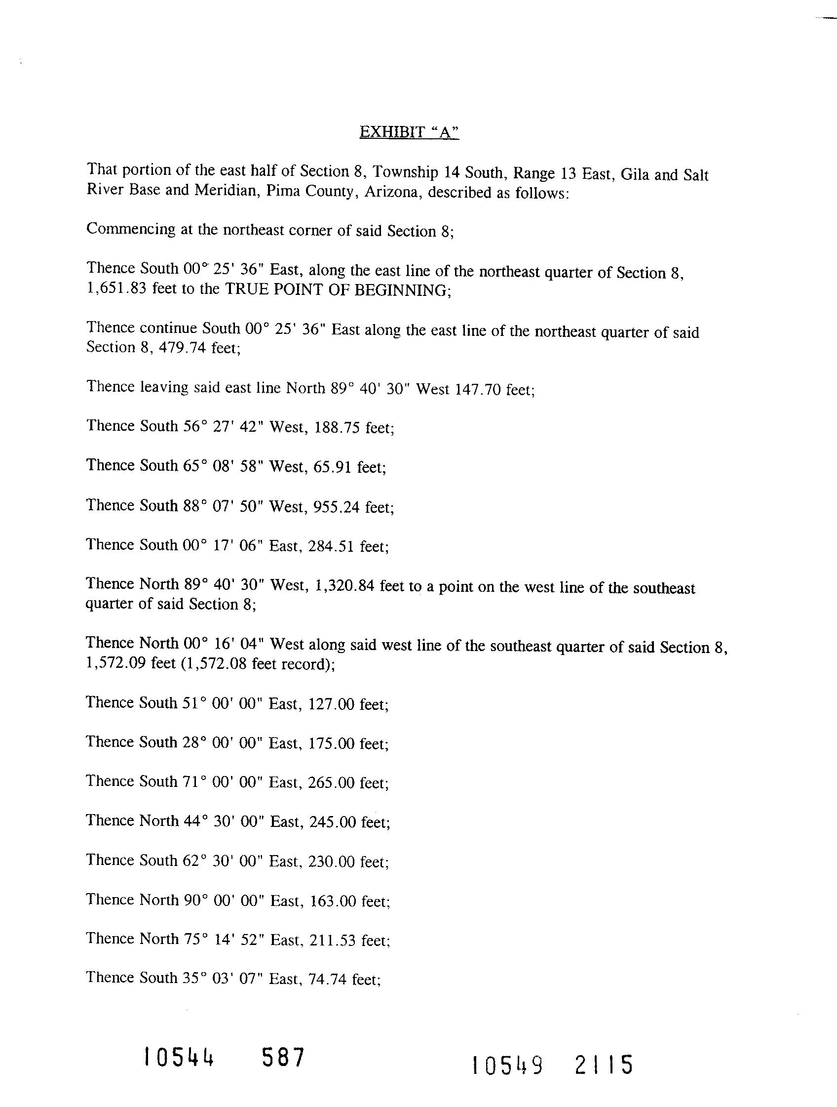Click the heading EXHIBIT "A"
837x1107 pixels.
coord(409,132)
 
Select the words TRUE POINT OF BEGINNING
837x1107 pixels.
coord(338,290)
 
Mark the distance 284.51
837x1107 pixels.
coord(332,546)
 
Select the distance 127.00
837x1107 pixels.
coord(332,704)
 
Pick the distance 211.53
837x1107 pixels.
coord(333,940)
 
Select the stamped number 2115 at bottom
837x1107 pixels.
coord(604,1065)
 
